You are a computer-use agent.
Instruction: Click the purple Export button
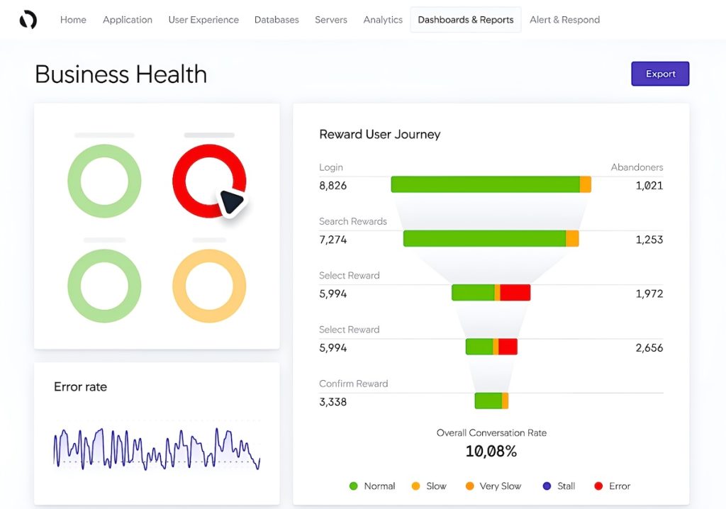[660, 74]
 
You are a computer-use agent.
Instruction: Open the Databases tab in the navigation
[277, 20]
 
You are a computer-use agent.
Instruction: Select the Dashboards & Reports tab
[466, 20]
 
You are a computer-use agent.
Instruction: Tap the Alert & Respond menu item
[564, 20]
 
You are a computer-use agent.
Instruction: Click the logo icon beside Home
[28, 20]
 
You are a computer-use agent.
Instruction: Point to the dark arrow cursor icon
[231, 202]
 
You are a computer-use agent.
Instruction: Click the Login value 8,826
[333, 186]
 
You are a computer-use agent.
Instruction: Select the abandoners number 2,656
[649, 347]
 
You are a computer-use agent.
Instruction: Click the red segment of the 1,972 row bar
[515, 292]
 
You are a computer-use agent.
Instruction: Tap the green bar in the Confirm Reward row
[488, 401]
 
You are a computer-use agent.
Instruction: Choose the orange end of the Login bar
[586, 184]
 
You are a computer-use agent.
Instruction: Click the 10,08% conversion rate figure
[491, 451]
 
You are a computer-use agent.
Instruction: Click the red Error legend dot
[598, 486]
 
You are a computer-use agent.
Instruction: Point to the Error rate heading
[81, 387]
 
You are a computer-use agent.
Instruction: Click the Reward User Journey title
[379, 134]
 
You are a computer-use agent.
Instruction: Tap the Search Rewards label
[353, 221]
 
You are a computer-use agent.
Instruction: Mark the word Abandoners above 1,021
[637, 167]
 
